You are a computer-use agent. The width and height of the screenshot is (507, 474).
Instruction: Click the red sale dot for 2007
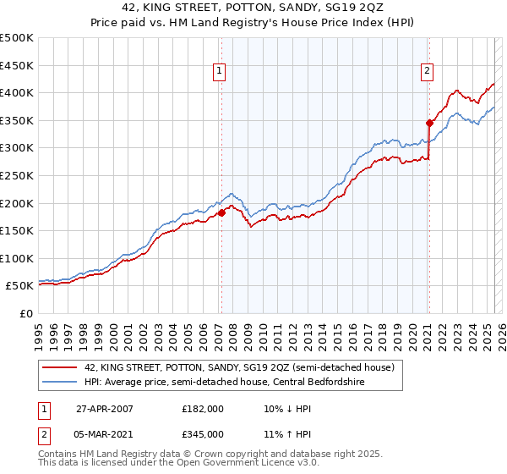[221, 213]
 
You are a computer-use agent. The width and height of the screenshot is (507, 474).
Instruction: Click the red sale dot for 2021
[428, 123]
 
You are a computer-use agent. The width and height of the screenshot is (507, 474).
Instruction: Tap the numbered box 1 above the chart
[219, 72]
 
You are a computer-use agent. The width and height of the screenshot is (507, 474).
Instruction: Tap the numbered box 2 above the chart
[427, 72]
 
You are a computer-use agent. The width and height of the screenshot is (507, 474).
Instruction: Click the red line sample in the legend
[60, 367]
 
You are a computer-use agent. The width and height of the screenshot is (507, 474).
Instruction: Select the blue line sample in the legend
[60, 382]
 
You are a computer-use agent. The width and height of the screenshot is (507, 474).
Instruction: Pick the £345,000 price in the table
[203, 433]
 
